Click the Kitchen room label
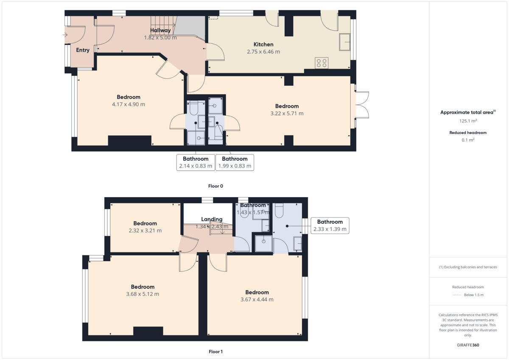[x=263, y=45]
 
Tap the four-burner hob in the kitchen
[x=322, y=63]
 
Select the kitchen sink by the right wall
[x=344, y=42]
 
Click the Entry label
[x=83, y=50]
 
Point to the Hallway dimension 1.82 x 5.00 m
[x=160, y=37]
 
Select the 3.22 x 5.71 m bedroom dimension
[x=287, y=113]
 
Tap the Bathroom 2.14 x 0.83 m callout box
[x=196, y=162]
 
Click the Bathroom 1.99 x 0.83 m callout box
[x=235, y=162]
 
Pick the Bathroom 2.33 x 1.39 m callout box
[x=330, y=225]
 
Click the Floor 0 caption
[x=215, y=186]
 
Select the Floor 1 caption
[x=215, y=352]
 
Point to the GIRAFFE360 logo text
[x=468, y=345]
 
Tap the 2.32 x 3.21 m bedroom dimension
[x=145, y=231]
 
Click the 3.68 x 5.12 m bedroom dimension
[x=143, y=294]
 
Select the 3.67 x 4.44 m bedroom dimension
[x=257, y=299]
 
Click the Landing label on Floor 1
[x=212, y=219]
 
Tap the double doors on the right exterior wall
[x=362, y=105]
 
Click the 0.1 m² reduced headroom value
[x=468, y=140]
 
